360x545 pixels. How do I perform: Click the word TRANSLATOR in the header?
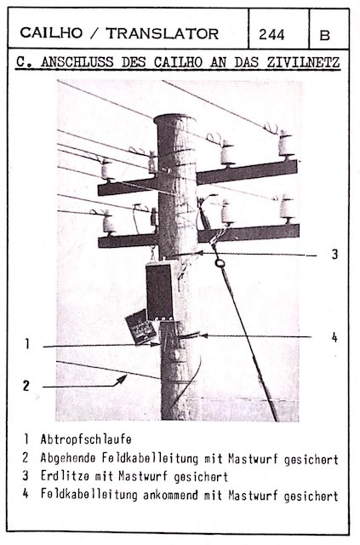[163, 34]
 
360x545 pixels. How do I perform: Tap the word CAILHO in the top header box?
[51, 33]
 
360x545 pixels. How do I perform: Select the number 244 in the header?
[271, 34]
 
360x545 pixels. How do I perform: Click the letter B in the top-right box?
[324, 35]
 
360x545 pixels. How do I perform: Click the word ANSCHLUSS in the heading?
[77, 62]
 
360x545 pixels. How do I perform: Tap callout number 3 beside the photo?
[334, 255]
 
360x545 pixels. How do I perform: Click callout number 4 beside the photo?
[334, 337]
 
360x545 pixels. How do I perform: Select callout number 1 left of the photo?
[26, 344]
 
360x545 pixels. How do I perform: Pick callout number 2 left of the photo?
[26, 386]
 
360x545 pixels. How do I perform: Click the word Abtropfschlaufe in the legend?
[86, 439]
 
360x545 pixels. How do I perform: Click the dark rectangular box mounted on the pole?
[159, 292]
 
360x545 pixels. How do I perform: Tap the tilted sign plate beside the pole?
[140, 327]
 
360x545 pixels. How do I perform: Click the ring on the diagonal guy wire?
[220, 263]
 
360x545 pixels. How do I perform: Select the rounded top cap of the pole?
[174, 121]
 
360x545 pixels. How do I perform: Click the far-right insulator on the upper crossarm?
[286, 144]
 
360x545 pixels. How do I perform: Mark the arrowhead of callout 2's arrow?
[123, 379]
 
